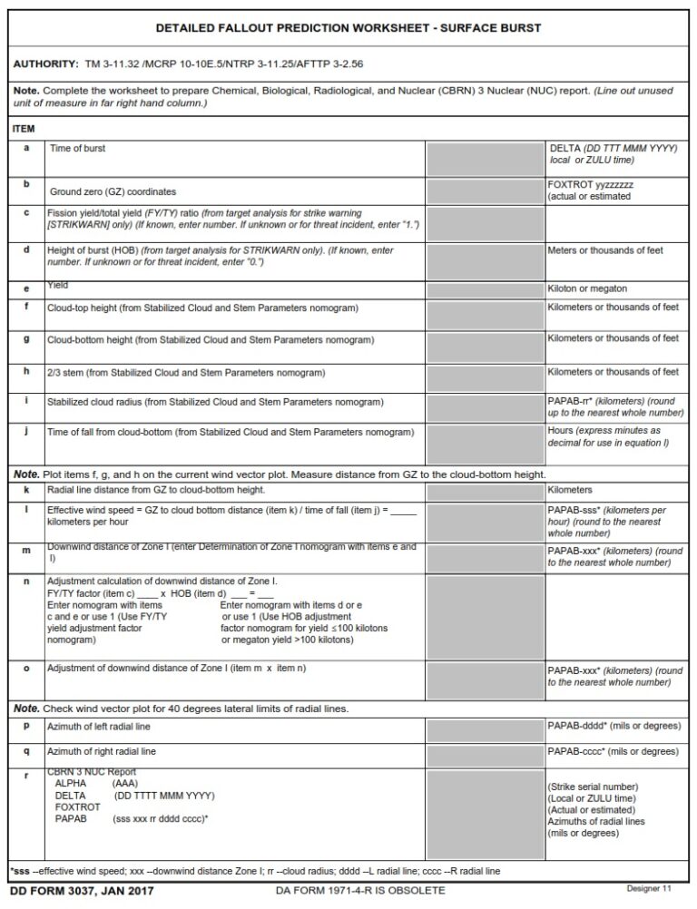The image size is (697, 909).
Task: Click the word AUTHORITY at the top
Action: [x=45, y=64]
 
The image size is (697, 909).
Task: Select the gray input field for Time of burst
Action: [x=486, y=159]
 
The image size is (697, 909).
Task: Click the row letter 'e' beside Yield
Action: [x=26, y=289]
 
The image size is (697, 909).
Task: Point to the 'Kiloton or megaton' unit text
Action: [x=587, y=289]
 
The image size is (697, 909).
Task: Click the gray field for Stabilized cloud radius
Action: [x=486, y=406]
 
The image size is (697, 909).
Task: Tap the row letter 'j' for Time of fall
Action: [x=26, y=432]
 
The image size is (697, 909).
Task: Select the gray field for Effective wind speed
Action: [x=486, y=522]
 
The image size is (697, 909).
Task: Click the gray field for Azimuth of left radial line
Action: [x=486, y=731]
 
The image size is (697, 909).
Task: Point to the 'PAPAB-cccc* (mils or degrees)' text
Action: [x=614, y=752]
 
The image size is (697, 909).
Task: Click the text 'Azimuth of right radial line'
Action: [x=102, y=752]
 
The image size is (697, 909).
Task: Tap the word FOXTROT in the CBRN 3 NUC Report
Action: [x=77, y=806]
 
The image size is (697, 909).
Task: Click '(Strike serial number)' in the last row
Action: [x=593, y=787]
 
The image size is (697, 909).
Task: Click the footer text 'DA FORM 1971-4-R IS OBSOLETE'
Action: [x=360, y=890]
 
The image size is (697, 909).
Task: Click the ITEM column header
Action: [x=24, y=129]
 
